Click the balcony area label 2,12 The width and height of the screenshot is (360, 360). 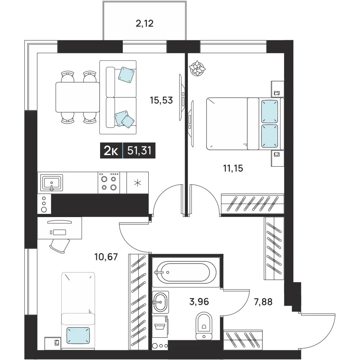(x=144, y=23)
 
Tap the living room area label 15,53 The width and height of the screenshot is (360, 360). (x=161, y=100)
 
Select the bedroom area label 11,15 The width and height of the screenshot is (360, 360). (x=233, y=168)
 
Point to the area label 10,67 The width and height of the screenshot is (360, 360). (x=106, y=257)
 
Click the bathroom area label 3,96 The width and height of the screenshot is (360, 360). (x=199, y=302)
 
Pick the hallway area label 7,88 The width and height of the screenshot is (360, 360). (x=263, y=302)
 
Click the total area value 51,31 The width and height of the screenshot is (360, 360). (x=139, y=151)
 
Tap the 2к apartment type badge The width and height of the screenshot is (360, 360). (x=111, y=151)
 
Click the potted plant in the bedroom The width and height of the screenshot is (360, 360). (x=197, y=68)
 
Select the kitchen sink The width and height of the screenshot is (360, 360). (x=51, y=183)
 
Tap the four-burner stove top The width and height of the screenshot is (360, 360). (x=109, y=183)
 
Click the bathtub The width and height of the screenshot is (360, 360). (x=186, y=272)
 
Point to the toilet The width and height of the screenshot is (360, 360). (x=204, y=326)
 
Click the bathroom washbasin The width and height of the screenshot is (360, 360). (x=161, y=302)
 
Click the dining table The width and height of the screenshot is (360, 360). (x=78, y=97)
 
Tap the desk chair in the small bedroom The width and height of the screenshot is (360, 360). (x=60, y=246)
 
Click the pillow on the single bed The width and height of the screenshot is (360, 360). (x=78, y=336)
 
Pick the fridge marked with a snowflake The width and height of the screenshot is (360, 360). (x=137, y=183)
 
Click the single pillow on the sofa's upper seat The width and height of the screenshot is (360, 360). (x=126, y=75)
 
